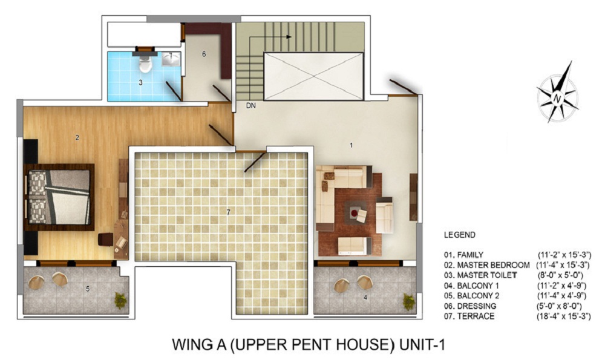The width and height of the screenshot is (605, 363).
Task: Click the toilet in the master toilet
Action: click(x=145, y=64)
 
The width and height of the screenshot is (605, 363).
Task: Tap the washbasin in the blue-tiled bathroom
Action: click(x=171, y=59)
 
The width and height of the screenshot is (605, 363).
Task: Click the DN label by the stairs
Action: click(x=251, y=105)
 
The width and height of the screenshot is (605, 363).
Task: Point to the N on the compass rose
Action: click(x=557, y=99)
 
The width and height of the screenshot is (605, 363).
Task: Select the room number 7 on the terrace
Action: click(x=229, y=212)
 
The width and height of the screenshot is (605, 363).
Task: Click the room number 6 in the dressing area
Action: click(x=204, y=54)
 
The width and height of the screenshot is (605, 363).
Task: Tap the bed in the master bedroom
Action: click(x=59, y=197)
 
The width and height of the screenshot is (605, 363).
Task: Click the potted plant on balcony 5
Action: click(x=121, y=300)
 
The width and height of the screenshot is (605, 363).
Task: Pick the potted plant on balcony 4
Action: click(x=409, y=301)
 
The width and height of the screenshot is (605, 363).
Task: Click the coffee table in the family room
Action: click(x=356, y=212)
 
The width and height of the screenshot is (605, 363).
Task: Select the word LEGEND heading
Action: click(x=460, y=235)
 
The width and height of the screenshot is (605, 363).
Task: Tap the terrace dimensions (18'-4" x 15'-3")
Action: click(x=564, y=316)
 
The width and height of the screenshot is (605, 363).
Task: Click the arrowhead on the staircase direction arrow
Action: click(x=289, y=37)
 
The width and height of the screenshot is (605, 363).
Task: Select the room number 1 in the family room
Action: click(x=351, y=145)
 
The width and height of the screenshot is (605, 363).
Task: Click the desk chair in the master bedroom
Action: click(x=105, y=239)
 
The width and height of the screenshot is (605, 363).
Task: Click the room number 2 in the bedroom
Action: click(x=77, y=137)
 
